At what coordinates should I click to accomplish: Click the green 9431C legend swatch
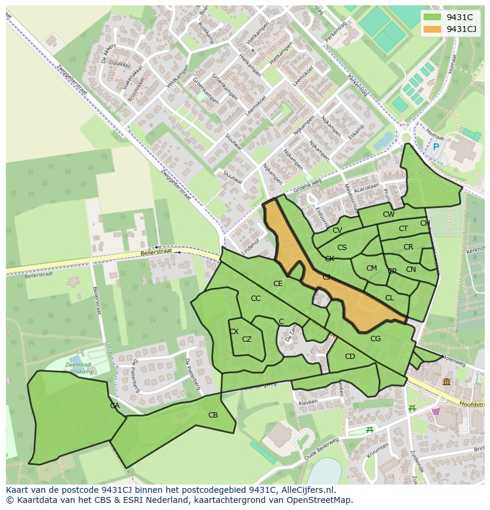tap(433, 17)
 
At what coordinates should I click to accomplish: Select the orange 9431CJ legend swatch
tap(433, 29)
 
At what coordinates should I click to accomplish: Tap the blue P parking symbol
tap(436, 147)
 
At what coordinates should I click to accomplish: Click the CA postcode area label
tap(115, 406)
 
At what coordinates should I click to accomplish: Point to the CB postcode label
tap(213, 415)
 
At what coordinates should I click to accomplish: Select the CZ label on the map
tap(247, 339)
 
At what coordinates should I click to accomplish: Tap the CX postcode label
tap(234, 332)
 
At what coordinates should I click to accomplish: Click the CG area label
tap(375, 339)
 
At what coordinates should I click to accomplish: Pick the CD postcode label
tap(350, 357)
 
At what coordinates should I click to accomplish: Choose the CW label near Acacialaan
tap(388, 214)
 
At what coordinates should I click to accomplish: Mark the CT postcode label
tap(403, 229)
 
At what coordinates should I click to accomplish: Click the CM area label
tap(371, 268)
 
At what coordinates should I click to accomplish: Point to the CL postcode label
tap(389, 298)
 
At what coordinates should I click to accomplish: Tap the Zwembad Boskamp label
tap(81, 368)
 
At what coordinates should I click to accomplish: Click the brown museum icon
tap(446, 381)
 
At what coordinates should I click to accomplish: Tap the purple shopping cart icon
tap(436, 411)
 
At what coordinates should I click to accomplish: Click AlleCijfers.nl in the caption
tap(307, 490)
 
